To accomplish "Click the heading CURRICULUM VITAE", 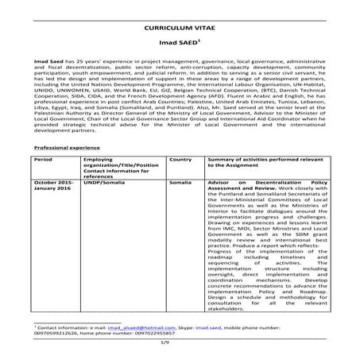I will (180, 26).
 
